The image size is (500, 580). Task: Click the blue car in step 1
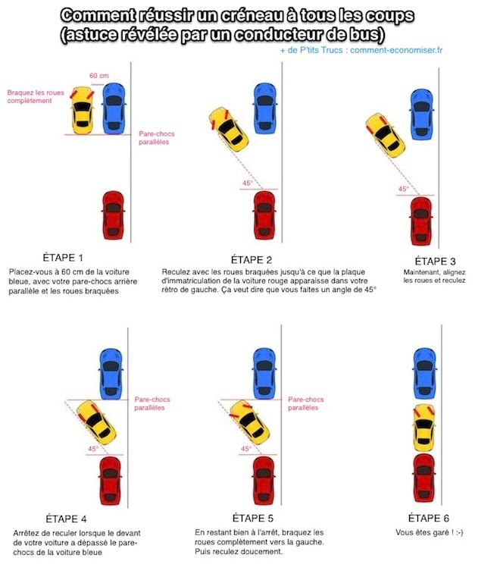point(114,108)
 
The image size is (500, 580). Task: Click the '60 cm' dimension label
point(99,76)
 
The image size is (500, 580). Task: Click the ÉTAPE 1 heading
point(64,258)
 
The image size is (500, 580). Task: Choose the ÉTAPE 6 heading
point(429,519)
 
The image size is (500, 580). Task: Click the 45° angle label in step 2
point(247,183)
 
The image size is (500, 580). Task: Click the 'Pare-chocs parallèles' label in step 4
point(149,403)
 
